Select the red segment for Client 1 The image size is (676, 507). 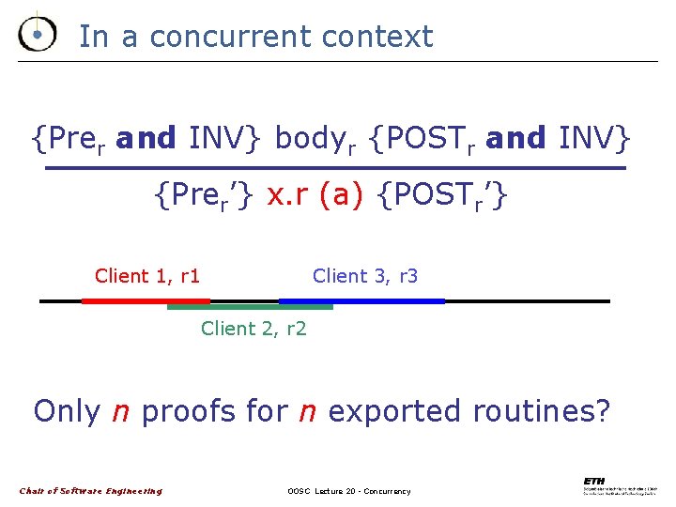(146, 301)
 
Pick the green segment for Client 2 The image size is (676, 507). (250, 307)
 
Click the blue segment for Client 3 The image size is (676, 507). (362, 301)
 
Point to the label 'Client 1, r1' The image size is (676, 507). (147, 276)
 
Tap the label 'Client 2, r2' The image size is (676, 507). (253, 329)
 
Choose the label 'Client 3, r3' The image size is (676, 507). (365, 276)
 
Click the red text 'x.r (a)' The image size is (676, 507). (315, 196)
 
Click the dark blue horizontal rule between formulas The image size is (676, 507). (335, 168)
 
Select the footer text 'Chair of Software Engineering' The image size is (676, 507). (91, 491)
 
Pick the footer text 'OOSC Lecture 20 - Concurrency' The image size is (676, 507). (348, 491)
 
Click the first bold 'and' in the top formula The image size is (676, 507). (146, 139)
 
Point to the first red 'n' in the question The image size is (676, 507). (121, 412)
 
